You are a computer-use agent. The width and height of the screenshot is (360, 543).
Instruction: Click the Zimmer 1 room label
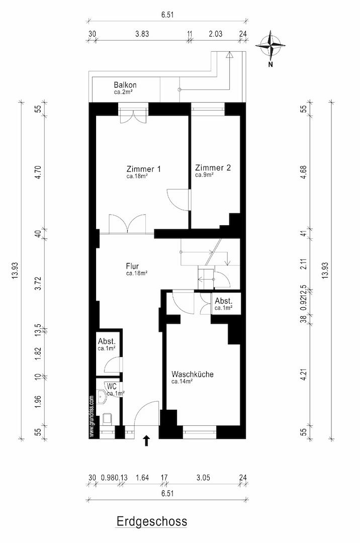143,169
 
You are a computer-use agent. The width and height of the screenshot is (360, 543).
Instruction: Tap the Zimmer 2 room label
213,167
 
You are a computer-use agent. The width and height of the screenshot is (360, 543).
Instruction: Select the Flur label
133,266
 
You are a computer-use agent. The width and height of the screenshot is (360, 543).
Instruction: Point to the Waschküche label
193,374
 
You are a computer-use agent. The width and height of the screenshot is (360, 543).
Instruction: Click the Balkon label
125,85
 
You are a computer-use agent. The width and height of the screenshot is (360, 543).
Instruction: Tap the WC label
112,386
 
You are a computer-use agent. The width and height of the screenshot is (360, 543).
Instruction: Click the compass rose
271,45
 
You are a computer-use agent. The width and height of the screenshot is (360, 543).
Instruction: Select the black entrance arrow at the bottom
146,440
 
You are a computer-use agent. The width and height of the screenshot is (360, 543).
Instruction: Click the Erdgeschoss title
152,521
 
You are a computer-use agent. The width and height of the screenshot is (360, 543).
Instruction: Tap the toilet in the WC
107,418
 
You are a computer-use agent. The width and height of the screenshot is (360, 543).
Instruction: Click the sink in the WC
102,397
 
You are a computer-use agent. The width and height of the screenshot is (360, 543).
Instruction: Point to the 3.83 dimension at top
142,34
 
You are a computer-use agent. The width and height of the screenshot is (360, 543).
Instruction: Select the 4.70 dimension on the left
38,172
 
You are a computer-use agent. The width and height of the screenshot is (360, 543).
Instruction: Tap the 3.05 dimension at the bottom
203,478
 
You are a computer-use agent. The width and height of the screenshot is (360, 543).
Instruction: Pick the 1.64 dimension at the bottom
142,478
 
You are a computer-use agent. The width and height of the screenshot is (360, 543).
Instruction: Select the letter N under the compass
271,64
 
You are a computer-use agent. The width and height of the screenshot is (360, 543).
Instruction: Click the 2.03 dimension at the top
215,34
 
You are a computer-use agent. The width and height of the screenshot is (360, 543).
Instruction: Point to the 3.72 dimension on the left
38,283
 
